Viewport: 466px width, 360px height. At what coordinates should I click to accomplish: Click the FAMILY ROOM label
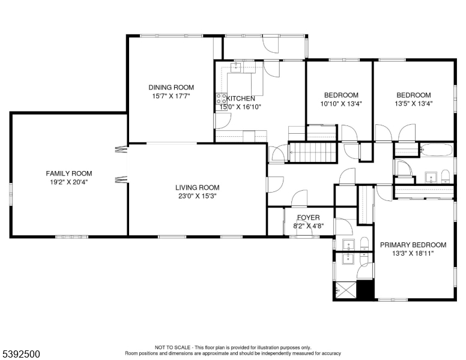[69, 173]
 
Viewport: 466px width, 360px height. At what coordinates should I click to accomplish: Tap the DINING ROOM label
[171, 88]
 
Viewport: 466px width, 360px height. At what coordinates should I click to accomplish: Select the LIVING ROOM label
[198, 187]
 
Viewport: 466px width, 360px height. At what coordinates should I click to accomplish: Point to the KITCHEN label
[241, 98]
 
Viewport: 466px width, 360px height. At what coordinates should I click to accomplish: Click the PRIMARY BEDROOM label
[413, 245]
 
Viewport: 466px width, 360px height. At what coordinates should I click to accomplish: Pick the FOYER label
[309, 218]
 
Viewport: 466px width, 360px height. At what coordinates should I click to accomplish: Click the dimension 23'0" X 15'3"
[198, 196]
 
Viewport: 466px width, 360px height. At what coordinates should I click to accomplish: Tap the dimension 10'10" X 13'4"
[341, 104]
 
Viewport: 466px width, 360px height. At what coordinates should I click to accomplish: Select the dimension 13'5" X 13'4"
[413, 104]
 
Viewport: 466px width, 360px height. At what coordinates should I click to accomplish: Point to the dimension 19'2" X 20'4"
[69, 182]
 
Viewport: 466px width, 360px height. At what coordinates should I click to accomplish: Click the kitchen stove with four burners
[221, 98]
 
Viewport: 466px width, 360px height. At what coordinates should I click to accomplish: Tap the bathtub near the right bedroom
[437, 150]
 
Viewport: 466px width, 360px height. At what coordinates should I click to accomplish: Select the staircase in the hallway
[313, 152]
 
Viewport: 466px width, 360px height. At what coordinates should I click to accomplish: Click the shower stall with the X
[345, 289]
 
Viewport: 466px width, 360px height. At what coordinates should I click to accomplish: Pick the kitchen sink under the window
[237, 67]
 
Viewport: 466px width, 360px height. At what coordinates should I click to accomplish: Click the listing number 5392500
[21, 354]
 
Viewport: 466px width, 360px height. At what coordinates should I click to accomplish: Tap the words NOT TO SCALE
[172, 347]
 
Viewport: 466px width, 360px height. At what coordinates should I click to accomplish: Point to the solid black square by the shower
[365, 290]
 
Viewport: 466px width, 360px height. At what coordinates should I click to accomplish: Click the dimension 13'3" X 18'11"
[413, 253]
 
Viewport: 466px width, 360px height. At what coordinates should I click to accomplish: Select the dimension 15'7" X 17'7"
[171, 96]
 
